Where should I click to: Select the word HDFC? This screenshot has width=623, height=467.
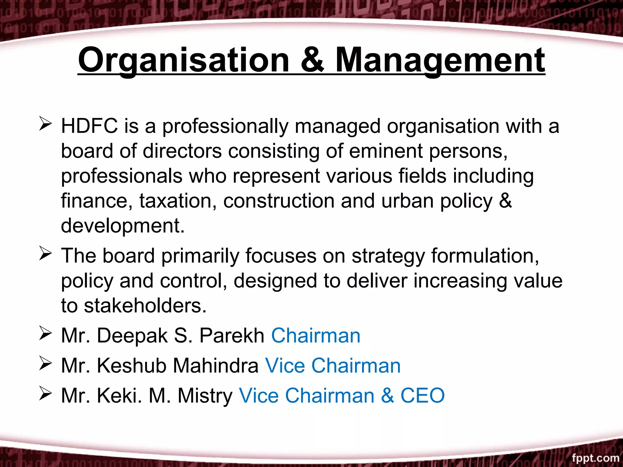click(x=89, y=126)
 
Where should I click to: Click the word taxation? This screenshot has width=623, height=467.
click(x=178, y=201)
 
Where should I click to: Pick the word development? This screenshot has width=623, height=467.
click(x=122, y=226)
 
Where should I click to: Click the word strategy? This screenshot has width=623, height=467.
click(x=388, y=256)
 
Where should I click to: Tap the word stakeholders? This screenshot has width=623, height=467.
click(x=145, y=306)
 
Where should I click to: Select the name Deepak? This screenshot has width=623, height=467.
click(x=132, y=336)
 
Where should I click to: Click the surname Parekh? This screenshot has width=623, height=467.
click(x=232, y=336)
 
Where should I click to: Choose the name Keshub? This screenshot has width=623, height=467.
click(x=132, y=365)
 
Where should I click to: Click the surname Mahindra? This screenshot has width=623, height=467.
click(x=216, y=365)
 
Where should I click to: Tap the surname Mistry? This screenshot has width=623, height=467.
click(x=205, y=396)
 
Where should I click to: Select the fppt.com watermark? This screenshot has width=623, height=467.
click(x=595, y=458)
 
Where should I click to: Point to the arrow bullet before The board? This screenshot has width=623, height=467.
click(x=45, y=254)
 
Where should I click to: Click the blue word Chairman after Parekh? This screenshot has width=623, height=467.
click(x=315, y=336)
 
